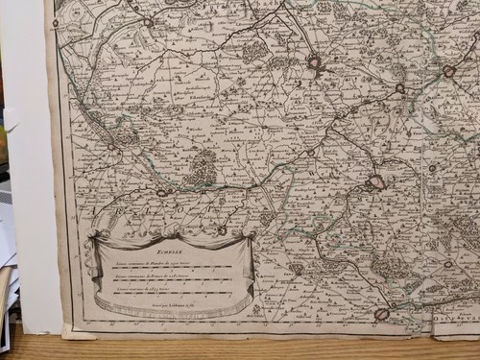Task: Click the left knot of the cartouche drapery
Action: click(94, 236)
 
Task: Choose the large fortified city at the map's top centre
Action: click(314, 63)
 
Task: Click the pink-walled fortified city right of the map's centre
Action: click(376, 181)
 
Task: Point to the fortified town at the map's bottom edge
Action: click(381, 314)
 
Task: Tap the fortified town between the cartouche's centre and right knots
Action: click(222, 230)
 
